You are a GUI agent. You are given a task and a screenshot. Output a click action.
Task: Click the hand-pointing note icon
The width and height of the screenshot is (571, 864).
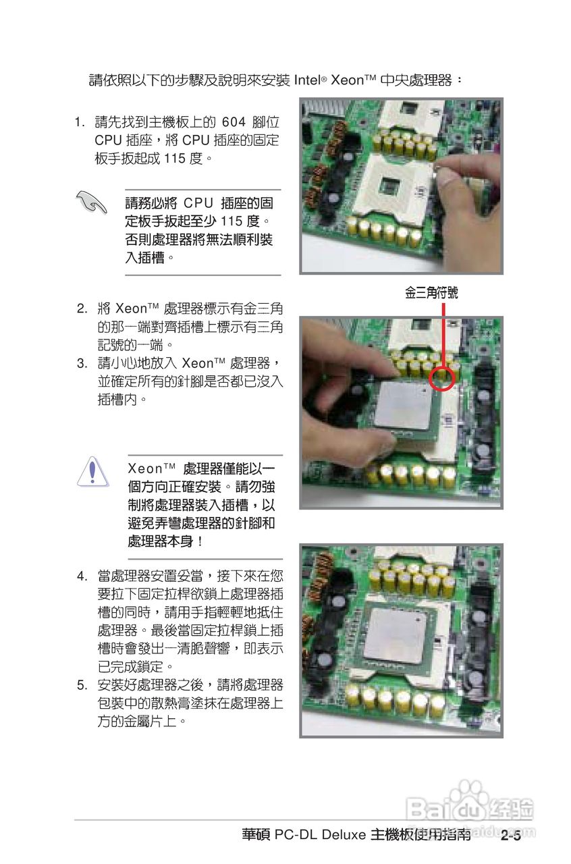[x=92, y=201]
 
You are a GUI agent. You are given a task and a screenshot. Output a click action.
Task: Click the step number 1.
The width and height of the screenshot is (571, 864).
[x=80, y=123]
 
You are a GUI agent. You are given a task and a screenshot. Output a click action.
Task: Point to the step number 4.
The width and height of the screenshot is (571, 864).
[x=81, y=577]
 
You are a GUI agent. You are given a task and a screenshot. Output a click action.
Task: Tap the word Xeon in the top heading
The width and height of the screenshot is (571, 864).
[x=348, y=80]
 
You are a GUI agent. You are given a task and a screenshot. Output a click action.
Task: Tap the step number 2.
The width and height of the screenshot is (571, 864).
[x=81, y=309]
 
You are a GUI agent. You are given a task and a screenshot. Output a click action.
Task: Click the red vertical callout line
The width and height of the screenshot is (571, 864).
[x=443, y=334]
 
